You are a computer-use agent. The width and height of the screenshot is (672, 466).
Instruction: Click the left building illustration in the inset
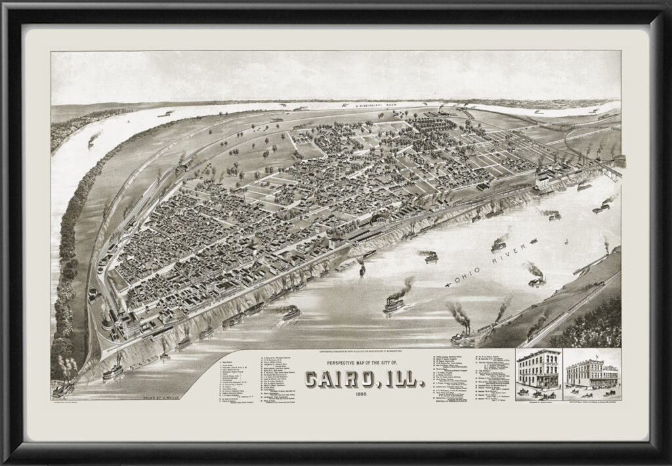[537, 370]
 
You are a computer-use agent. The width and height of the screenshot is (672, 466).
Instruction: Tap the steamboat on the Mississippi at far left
[93, 138]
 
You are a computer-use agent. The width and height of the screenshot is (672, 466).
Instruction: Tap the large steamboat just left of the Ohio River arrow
[394, 303]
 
